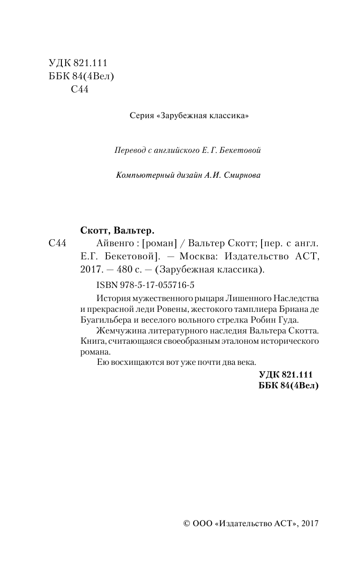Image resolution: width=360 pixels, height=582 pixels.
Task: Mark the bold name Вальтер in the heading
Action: [x=136, y=230]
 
